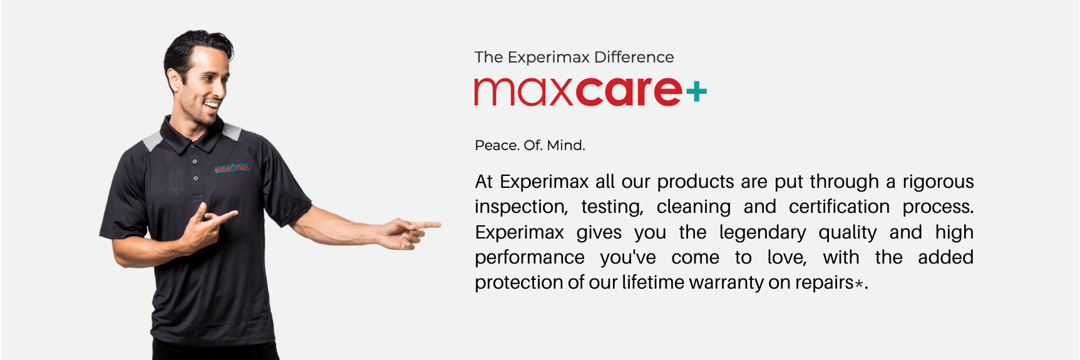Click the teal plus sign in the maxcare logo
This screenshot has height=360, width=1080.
pyautogui.click(x=696, y=93)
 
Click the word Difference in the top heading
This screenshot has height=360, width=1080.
pyautogui.click(x=634, y=57)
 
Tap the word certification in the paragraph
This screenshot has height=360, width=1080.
pyautogui.click(x=839, y=207)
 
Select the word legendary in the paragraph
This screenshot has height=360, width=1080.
pyautogui.click(x=763, y=233)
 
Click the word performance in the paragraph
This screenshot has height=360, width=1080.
pyautogui.click(x=530, y=258)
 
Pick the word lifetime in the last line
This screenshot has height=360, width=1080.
pyautogui.click(x=652, y=282)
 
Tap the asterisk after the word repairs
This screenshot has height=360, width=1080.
pyautogui.click(x=859, y=284)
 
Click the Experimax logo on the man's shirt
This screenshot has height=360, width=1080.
pyautogui.click(x=232, y=168)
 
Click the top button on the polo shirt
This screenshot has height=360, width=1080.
pyautogui.click(x=195, y=162)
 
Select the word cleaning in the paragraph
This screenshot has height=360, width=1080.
pyautogui.click(x=693, y=207)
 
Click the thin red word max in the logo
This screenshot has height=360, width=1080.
pyautogui.click(x=524, y=92)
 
